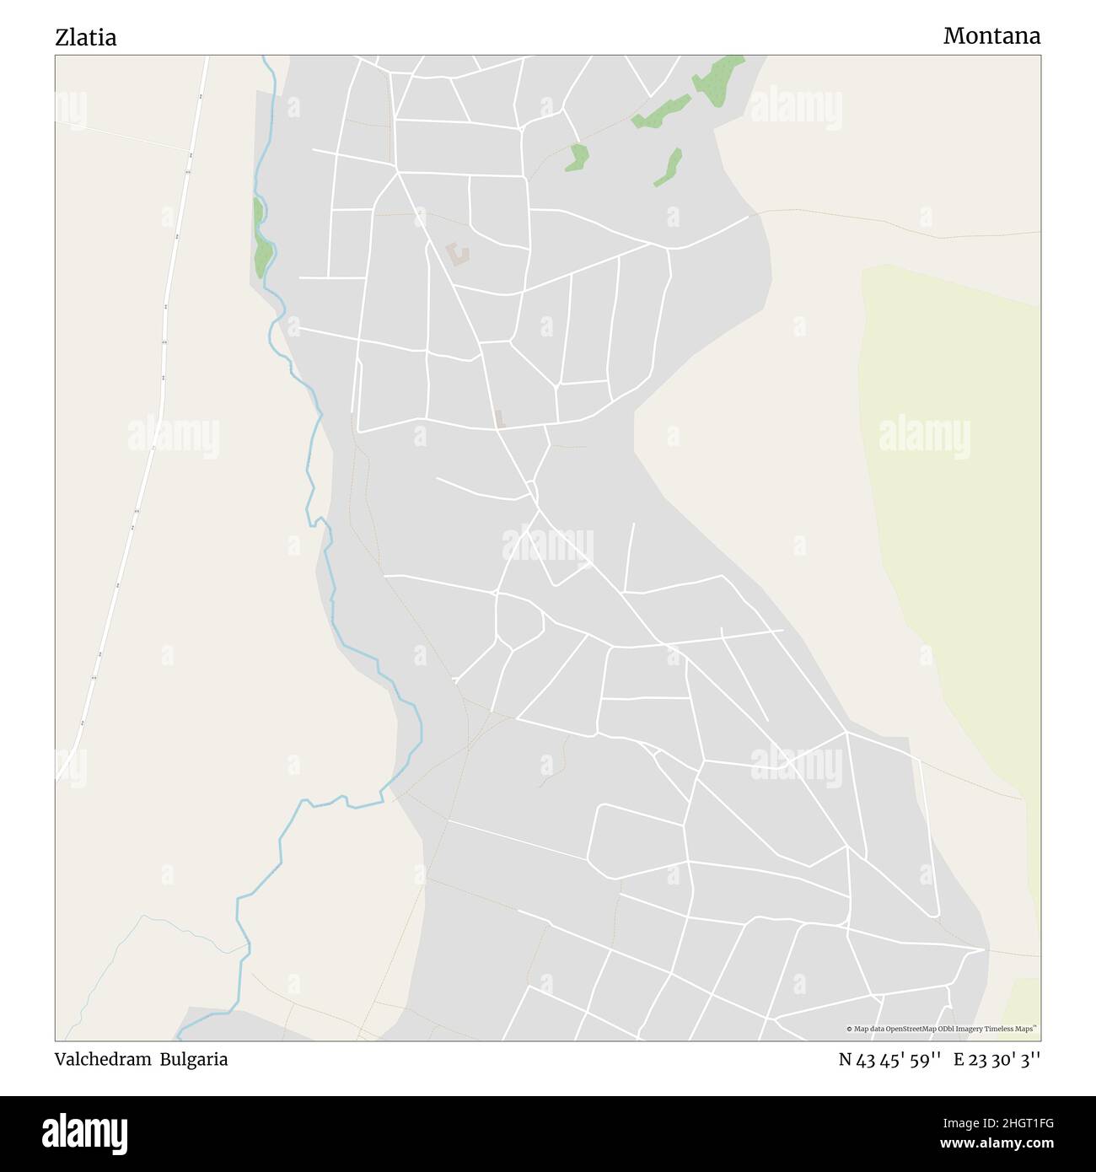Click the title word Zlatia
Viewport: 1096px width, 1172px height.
click(x=86, y=37)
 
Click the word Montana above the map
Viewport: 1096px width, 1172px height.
click(x=991, y=35)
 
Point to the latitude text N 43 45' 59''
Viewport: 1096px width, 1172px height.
click(x=889, y=1060)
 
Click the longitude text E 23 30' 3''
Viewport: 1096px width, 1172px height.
click(x=997, y=1060)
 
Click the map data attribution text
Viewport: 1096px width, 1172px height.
click(x=941, y=1029)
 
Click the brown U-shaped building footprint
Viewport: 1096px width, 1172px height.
click(x=458, y=253)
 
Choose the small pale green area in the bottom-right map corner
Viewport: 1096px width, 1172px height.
click(x=1022, y=1008)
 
